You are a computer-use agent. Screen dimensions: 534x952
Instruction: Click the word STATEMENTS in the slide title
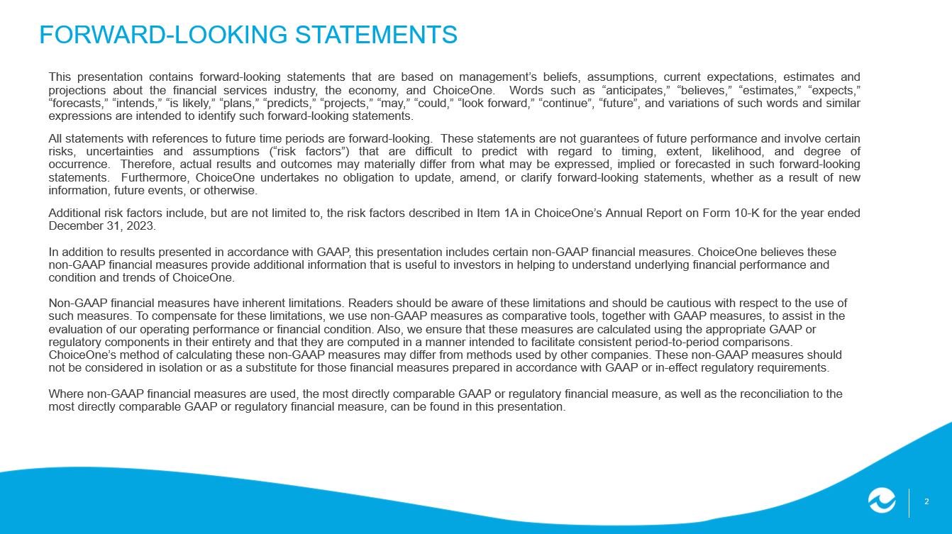[x=376, y=35]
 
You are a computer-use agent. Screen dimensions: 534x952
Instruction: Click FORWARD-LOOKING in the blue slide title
[x=164, y=35]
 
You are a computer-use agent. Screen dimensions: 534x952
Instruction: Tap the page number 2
[x=926, y=501]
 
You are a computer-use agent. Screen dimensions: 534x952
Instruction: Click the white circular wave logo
[x=882, y=501]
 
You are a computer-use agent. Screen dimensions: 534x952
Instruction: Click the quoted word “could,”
[x=431, y=103]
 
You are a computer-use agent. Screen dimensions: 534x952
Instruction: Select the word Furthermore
[x=155, y=177]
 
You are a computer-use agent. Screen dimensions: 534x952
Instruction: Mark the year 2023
[x=140, y=226]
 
